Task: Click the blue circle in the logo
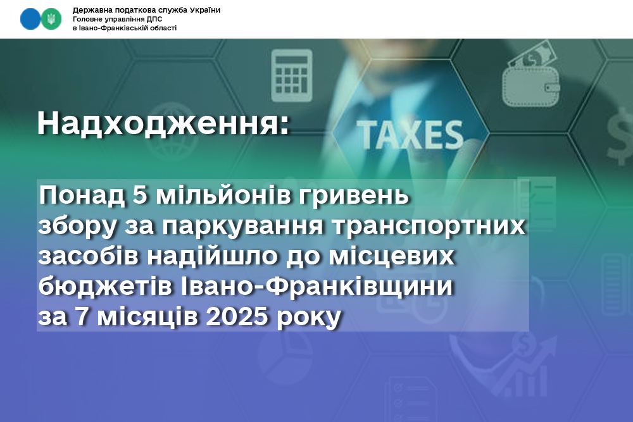point(30,19)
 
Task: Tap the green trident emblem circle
point(51,19)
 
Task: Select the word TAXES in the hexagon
point(410,135)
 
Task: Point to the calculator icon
point(291,75)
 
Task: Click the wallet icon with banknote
point(531,76)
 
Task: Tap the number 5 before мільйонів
point(140,195)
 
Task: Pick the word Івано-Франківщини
point(317,286)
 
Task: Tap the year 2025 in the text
point(237,316)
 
